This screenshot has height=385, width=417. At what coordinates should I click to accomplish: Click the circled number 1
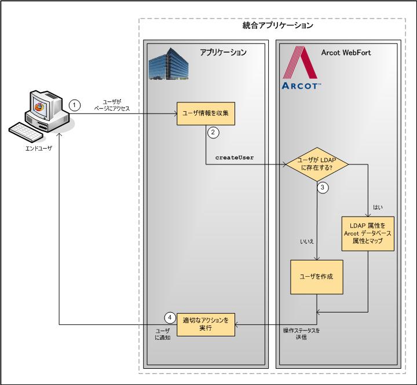pyautogui.click(x=74, y=105)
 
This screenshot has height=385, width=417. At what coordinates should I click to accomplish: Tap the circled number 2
pyautogui.click(x=213, y=133)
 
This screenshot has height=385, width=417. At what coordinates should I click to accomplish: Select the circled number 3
pyautogui.click(x=324, y=188)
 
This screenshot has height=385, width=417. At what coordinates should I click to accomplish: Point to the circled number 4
pyautogui.click(x=170, y=317)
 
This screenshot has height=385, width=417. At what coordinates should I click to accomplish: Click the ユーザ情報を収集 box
pyautogui.click(x=206, y=113)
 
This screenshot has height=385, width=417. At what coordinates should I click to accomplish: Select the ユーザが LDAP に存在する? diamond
pyautogui.click(x=317, y=164)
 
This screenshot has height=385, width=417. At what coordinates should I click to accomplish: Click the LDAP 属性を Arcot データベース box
pyautogui.click(x=367, y=234)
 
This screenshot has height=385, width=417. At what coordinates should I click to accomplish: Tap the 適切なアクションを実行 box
pyautogui.click(x=206, y=324)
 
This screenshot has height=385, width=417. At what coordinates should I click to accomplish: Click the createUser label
pyautogui.click(x=235, y=157)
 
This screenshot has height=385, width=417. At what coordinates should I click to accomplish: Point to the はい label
pyautogui.click(x=378, y=206)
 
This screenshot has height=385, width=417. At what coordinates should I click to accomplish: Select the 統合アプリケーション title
pyautogui.click(x=277, y=26)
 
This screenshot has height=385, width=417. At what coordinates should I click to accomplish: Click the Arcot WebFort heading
pyautogui.click(x=346, y=53)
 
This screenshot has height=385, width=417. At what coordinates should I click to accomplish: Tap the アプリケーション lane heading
pyautogui.click(x=223, y=53)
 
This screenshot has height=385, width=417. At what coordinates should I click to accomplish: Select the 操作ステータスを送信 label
pyautogui.click(x=301, y=333)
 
